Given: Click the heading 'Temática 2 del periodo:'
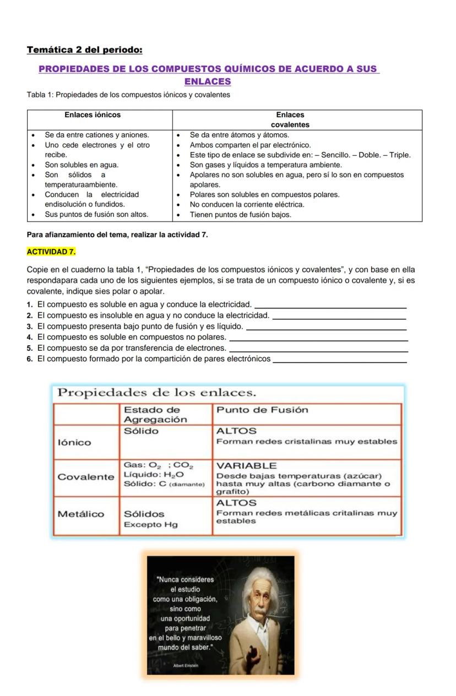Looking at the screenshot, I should [x=84, y=50].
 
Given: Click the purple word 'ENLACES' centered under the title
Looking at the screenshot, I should [x=208, y=81].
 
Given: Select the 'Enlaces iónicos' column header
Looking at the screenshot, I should [x=93, y=115].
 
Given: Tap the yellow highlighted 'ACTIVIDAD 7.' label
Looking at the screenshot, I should [x=51, y=252].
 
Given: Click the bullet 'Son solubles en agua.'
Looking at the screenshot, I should [x=82, y=165].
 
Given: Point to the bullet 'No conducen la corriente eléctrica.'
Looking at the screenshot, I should [x=247, y=204].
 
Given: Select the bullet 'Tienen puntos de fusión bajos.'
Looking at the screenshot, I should [x=240, y=214].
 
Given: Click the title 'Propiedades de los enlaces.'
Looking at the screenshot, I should [x=157, y=393].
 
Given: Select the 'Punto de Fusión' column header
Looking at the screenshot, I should [x=262, y=410].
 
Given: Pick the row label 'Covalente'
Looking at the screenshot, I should [x=85, y=477].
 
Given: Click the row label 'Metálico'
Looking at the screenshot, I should [x=81, y=514].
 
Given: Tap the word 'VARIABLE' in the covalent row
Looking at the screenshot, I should [x=246, y=466].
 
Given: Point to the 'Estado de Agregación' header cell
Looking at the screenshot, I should [x=155, y=414].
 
